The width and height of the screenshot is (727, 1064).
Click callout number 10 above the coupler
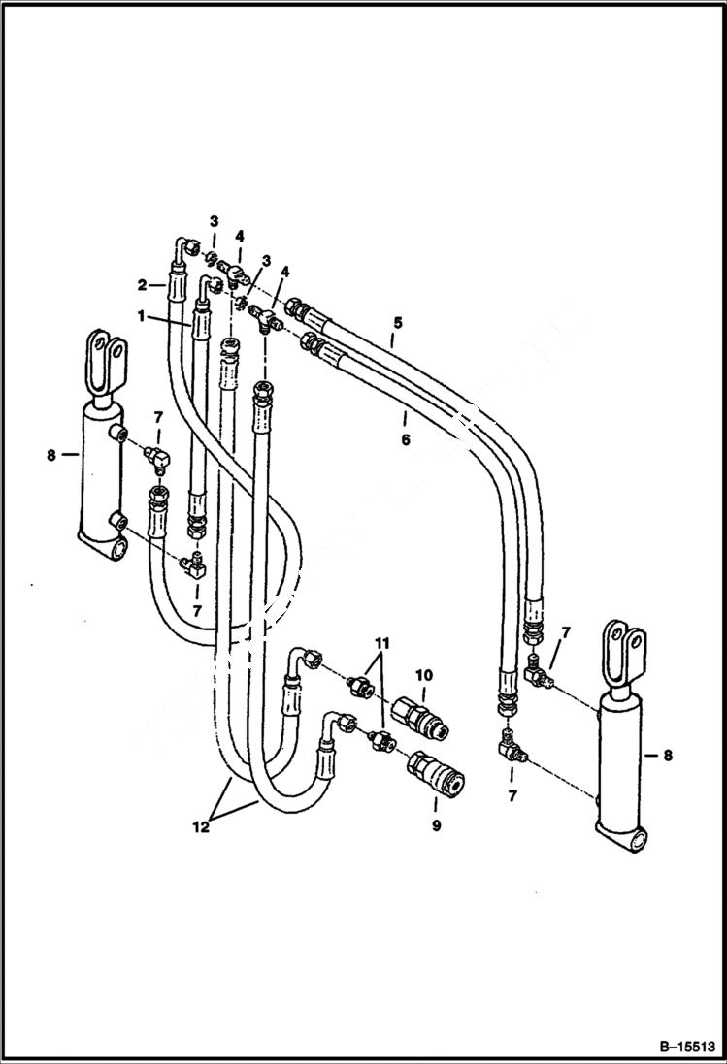pyautogui.click(x=423, y=675)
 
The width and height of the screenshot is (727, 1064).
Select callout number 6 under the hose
pyautogui.click(x=407, y=439)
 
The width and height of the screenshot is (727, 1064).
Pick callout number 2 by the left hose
pyautogui.click(x=143, y=285)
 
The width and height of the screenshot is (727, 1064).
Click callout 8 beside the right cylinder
pyautogui.click(x=667, y=754)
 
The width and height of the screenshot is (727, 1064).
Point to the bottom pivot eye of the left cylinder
pyautogui.click(x=119, y=549)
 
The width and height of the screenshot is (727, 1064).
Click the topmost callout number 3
pyautogui.click(x=215, y=222)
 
